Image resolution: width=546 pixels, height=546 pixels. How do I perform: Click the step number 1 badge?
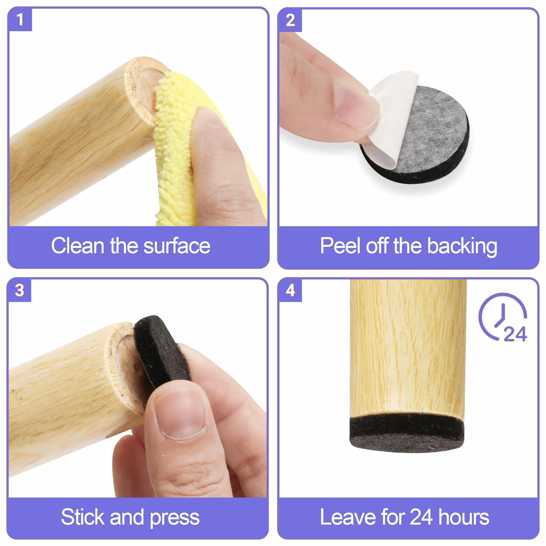point(20,19)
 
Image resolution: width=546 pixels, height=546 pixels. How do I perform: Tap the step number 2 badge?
point(290,20)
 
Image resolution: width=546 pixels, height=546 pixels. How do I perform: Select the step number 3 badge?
point(19,290)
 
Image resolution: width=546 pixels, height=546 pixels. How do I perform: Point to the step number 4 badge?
point(290,290)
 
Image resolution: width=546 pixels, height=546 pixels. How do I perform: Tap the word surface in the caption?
point(177,246)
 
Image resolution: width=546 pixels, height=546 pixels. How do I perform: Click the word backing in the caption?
point(462,247)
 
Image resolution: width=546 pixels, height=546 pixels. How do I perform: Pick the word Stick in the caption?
point(83,517)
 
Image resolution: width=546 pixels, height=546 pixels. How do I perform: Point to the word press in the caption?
point(175,518)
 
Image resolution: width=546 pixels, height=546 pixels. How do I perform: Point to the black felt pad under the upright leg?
point(407,433)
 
